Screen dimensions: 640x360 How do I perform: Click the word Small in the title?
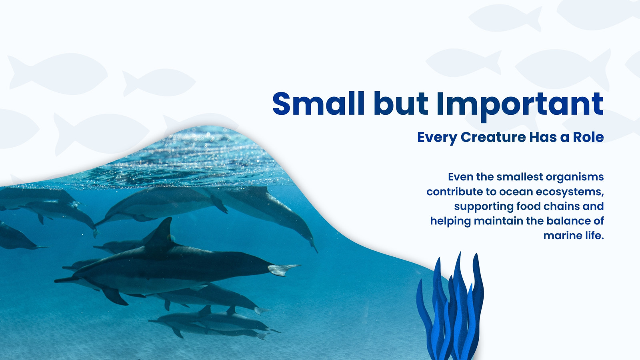click(x=318, y=103)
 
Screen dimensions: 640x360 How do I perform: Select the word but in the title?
click(x=400, y=103)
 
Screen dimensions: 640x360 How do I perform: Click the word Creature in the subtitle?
click(x=493, y=137)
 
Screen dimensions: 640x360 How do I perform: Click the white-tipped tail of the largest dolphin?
click(x=283, y=270)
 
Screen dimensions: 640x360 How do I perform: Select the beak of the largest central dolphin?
click(x=64, y=280)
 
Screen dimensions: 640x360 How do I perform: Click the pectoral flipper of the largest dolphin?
click(x=115, y=296)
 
